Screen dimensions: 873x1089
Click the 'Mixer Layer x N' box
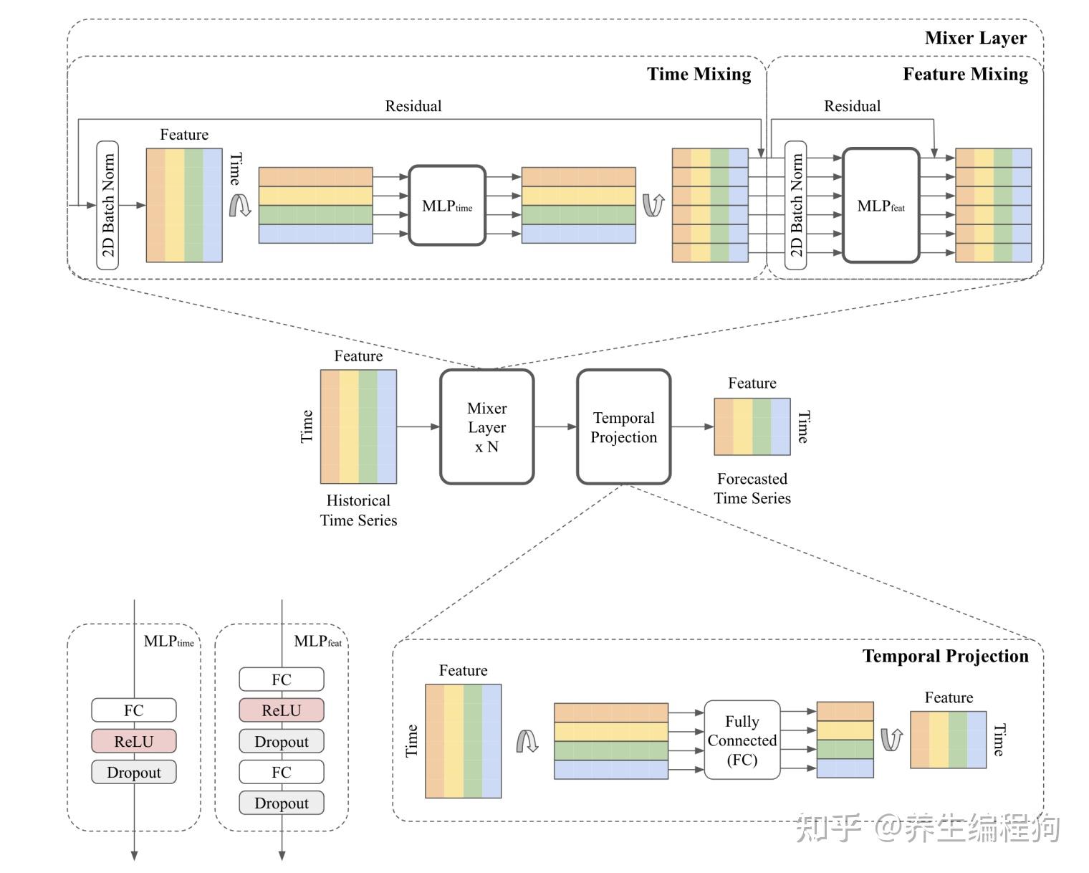coord(486,427)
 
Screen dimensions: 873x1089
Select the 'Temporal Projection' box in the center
coord(623,427)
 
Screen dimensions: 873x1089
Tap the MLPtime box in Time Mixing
coord(447,206)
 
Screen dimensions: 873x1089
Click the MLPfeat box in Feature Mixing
coord(881,206)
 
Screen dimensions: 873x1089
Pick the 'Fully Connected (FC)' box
coord(742,740)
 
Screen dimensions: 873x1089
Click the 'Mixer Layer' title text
coord(975,38)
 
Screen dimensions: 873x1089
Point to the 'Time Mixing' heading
coord(699,75)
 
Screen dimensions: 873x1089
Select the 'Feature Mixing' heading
coord(964,75)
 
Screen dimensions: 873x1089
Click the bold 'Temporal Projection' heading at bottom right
coord(945,657)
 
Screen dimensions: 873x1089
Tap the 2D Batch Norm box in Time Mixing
coord(107,206)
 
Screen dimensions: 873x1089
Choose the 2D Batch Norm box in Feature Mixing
coord(796,206)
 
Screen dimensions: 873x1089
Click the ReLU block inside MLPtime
coord(134,741)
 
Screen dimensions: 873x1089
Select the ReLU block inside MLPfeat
coord(282,710)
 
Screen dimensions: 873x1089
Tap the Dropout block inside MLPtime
coord(134,772)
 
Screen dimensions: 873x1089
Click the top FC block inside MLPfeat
coord(282,679)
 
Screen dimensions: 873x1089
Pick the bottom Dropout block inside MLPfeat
coord(282,803)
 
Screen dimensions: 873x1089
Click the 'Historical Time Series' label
coord(358,510)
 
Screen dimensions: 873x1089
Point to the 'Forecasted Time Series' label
coord(752,488)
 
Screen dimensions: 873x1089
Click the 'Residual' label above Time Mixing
coord(413,106)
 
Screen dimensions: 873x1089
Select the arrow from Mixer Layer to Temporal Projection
coord(555,427)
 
